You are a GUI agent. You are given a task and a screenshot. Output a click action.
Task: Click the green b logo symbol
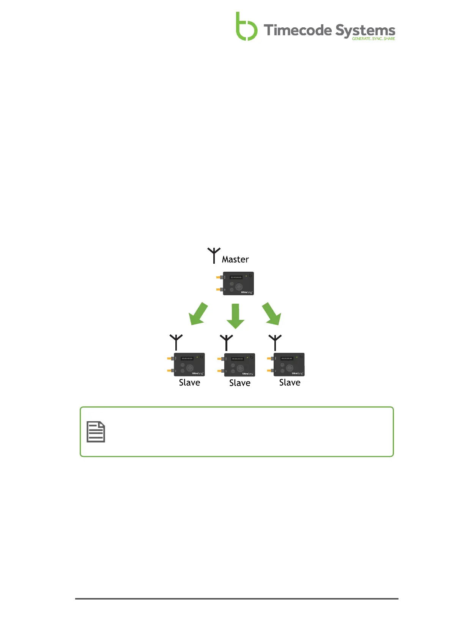pyautogui.click(x=246, y=27)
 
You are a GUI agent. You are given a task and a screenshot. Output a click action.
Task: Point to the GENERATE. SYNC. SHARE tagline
pyautogui.click(x=373, y=39)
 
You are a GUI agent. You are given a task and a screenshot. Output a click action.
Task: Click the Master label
pyautogui.click(x=235, y=260)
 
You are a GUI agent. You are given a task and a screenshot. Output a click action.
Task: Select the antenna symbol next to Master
pyautogui.click(x=214, y=255)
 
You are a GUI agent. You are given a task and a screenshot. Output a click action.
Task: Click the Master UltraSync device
pyautogui.click(x=238, y=283)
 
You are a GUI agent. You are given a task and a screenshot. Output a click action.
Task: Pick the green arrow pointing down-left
pyautogui.click(x=198, y=314)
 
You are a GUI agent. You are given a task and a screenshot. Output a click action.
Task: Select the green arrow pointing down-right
pyautogui.click(x=272, y=314)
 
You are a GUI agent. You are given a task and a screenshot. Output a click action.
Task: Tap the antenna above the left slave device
pyautogui.click(x=176, y=342)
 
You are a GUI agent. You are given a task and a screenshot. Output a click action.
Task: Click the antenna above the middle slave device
pyautogui.click(x=226, y=342)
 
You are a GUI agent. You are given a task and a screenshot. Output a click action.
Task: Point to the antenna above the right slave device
pyautogui.click(x=275, y=342)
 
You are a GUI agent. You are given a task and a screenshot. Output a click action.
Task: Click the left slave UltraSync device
pyautogui.click(x=189, y=365)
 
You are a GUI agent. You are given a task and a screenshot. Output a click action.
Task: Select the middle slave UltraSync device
pyautogui.click(x=239, y=365)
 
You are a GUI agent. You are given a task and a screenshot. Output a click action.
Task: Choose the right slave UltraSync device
pyautogui.click(x=288, y=365)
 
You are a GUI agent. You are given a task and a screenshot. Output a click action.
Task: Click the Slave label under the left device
pyautogui.click(x=189, y=382)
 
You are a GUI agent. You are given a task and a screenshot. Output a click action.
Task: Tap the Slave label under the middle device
pyautogui.click(x=240, y=383)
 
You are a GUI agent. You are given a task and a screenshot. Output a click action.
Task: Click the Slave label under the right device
pyautogui.click(x=290, y=382)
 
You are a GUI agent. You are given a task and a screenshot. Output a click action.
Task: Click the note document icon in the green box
pyautogui.click(x=96, y=432)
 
